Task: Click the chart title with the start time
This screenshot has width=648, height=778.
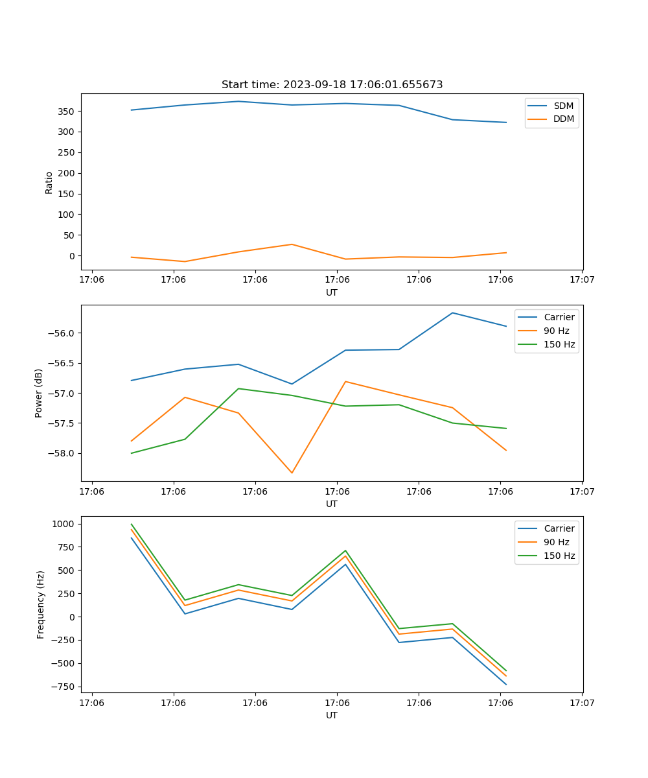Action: coord(332,85)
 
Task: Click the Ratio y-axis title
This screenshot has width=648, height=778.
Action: coord(49,182)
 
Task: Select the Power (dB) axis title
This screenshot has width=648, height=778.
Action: coord(39,393)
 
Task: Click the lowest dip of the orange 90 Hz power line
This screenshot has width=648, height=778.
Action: coord(292,473)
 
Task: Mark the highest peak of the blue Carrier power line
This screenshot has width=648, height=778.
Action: coord(452,313)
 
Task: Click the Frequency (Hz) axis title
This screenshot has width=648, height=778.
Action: coord(41,604)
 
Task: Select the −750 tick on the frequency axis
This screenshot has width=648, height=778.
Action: coord(64,687)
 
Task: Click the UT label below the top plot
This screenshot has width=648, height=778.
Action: coord(332,292)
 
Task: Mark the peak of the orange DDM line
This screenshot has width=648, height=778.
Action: coord(292,244)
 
